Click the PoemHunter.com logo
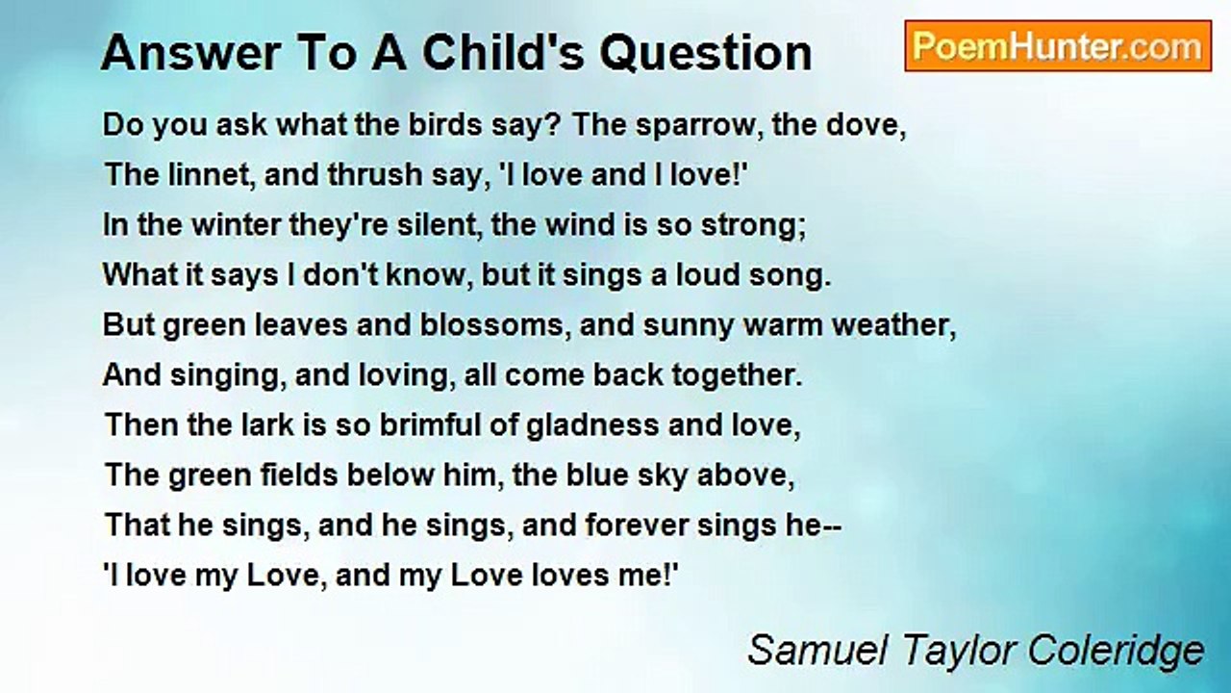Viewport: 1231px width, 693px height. pos(1057,46)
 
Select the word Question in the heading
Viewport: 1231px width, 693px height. pos(706,53)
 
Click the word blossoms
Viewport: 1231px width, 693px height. pos(490,325)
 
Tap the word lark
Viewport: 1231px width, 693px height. pos(260,425)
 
